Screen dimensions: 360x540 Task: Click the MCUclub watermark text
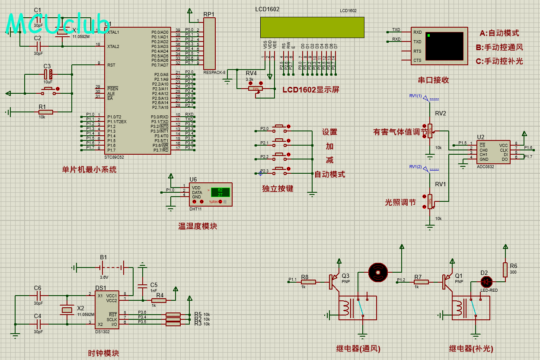click(58, 24)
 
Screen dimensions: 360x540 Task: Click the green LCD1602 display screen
click(312, 27)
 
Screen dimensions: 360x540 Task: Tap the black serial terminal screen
click(444, 46)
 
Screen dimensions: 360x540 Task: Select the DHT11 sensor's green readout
click(220, 192)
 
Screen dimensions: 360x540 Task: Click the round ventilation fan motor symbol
click(378, 272)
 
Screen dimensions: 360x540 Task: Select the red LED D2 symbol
click(486, 282)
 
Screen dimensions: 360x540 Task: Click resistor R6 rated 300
click(505, 270)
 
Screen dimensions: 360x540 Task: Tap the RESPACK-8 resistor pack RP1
click(209, 44)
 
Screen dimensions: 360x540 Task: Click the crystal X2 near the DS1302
click(67, 310)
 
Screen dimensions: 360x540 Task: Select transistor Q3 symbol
click(334, 281)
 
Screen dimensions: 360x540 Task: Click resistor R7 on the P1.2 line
click(421, 282)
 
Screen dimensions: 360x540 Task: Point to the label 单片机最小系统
click(89, 170)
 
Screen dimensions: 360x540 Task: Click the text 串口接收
click(433, 80)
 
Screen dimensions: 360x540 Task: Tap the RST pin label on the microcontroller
click(111, 65)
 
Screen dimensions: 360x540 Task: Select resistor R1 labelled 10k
click(45, 112)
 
